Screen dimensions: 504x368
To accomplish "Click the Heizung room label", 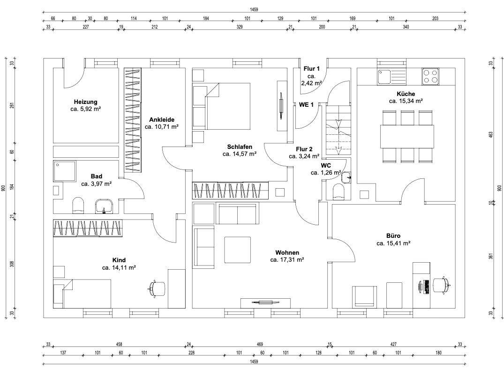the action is (85, 102).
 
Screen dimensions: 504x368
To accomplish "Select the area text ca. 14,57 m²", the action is (240, 154).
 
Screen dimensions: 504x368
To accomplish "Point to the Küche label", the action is (406, 94).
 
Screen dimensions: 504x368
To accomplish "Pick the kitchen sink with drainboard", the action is (392, 77).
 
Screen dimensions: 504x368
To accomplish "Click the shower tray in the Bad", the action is (65, 171).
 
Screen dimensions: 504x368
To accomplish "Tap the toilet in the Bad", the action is (78, 206).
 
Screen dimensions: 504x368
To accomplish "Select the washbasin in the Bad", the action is (104, 206).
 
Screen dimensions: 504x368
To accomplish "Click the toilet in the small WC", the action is (339, 191).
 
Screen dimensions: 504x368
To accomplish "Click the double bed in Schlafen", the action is (222, 106).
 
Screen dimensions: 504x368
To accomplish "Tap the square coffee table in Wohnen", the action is (238, 250).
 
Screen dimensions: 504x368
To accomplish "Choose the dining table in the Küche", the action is (407, 136).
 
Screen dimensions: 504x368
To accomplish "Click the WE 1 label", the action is (306, 105).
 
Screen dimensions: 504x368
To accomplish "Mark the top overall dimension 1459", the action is (254, 10).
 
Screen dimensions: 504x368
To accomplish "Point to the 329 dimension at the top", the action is (240, 27).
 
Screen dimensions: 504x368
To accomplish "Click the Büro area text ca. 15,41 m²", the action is (393, 243).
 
